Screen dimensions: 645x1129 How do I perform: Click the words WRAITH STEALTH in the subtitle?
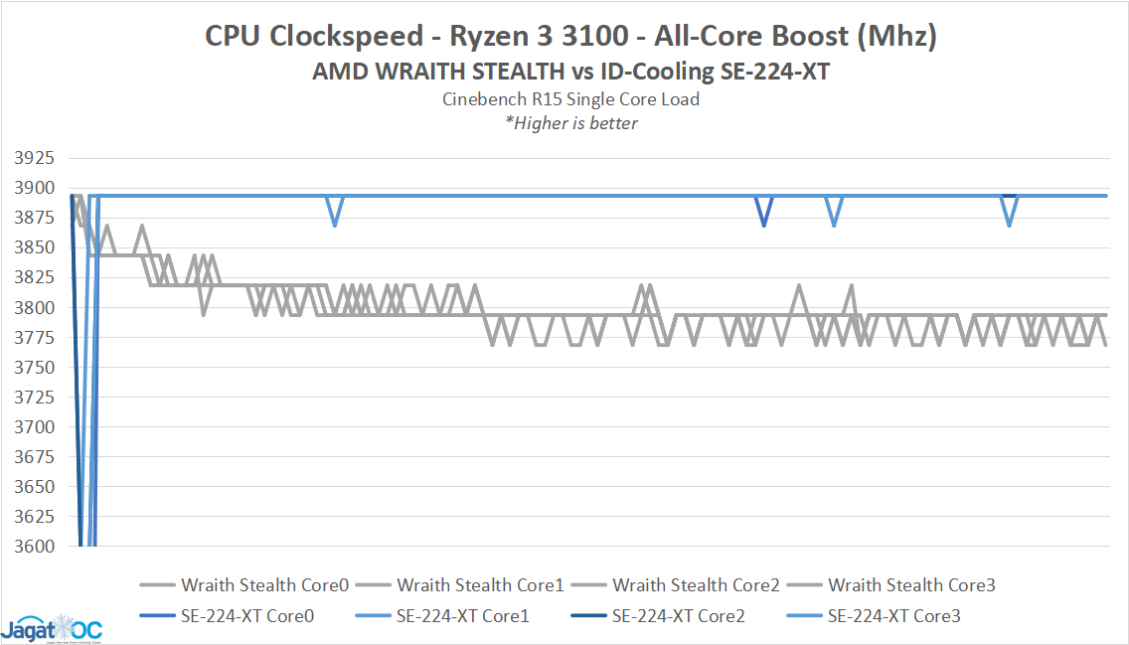[441, 72]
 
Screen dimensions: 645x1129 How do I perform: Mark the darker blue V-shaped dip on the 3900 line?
[763, 212]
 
